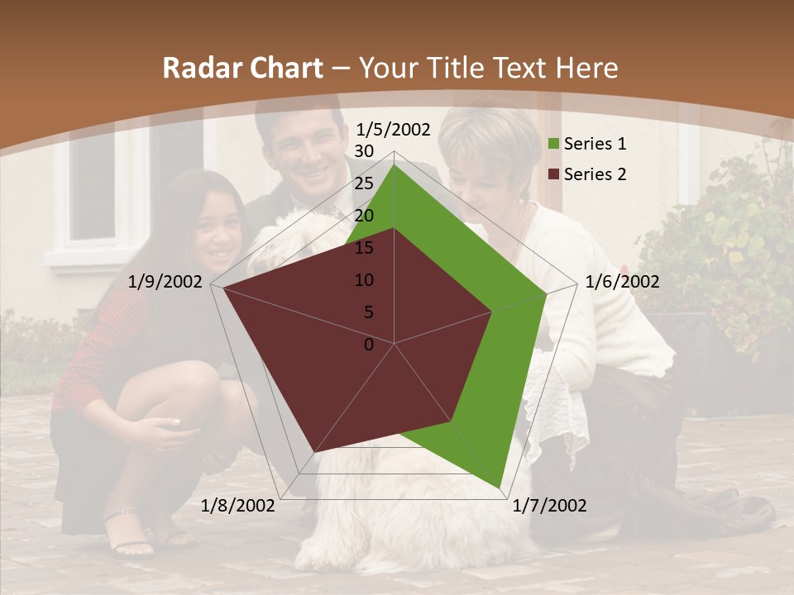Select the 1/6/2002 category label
pyautogui.click(x=622, y=282)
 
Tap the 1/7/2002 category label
pyautogui.click(x=550, y=506)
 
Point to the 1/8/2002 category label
pyautogui.click(x=238, y=506)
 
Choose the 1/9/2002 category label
pyautogui.click(x=165, y=282)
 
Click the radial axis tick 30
pyautogui.click(x=364, y=151)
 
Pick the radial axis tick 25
pyautogui.click(x=364, y=183)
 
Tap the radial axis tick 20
pyautogui.click(x=364, y=216)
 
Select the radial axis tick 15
pyautogui.click(x=364, y=248)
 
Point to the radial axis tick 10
pyautogui.click(x=364, y=280)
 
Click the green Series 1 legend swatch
pyautogui.click(x=554, y=145)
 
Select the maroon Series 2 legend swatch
pyautogui.click(x=554, y=174)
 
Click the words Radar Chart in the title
pyautogui.click(x=242, y=68)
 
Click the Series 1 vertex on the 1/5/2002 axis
pyautogui.click(x=395, y=164)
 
